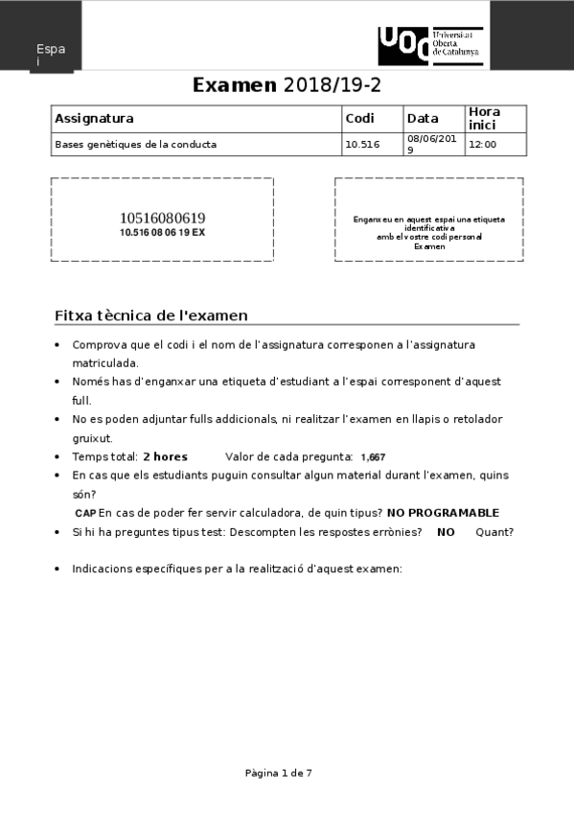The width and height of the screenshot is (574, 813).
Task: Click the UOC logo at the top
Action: coord(430,46)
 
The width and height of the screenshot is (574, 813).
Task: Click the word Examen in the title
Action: coord(235,85)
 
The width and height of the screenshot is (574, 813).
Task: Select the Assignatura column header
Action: coord(94,119)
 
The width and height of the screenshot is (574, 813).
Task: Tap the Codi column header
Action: coord(359,119)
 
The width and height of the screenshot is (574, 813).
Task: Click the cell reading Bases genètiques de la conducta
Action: coord(136,145)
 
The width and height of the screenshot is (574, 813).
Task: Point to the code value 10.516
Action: coord(362,145)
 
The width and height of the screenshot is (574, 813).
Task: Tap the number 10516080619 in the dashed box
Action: coord(162,218)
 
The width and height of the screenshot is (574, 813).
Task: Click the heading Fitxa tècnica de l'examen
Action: coord(151,315)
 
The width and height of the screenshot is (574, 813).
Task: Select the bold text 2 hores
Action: coord(165,456)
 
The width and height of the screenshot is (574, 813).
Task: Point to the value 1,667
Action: coord(373,457)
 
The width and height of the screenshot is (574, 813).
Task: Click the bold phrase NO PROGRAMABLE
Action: coord(443,513)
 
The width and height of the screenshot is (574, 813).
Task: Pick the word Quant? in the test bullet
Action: coord(494,532)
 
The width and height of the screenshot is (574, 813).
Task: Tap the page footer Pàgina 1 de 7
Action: coord(279,773)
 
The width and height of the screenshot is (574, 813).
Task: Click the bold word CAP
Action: coord(85,513)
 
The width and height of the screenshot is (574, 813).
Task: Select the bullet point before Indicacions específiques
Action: coord(58,569)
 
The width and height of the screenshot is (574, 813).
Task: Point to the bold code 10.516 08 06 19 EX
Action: coord(162,232)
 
